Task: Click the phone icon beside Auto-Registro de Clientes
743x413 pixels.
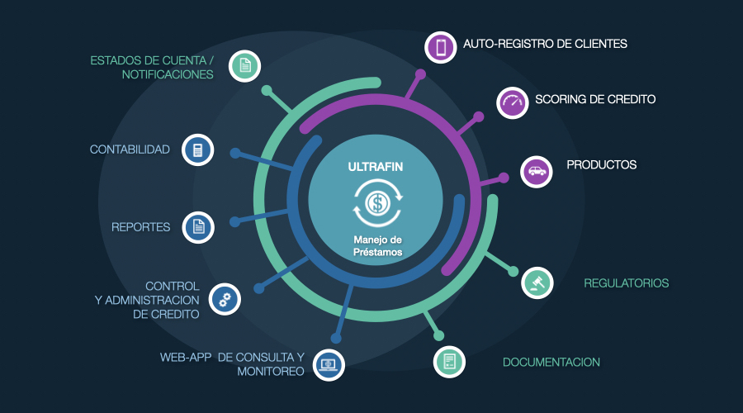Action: [441, 48]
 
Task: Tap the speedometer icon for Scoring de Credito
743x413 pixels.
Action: [512, 103]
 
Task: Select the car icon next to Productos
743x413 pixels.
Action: [537, 172]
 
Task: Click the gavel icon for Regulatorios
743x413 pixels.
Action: [537, 282]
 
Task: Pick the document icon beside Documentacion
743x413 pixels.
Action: [449, 362]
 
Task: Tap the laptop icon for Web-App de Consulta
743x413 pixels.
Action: [329, 363]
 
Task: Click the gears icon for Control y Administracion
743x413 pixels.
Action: [225, 298]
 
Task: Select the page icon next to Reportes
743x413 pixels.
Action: [197, 226]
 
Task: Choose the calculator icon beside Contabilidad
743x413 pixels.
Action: [197, 150]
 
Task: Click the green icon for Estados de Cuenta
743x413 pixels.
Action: [244, 66]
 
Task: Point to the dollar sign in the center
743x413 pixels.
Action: [376, 202]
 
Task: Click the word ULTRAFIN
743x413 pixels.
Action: [376, 167]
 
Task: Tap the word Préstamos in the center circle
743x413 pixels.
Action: [376, 253]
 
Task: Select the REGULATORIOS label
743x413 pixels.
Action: [626, 283]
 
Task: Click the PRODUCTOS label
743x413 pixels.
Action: [601, 165]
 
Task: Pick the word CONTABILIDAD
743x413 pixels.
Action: [130, 150]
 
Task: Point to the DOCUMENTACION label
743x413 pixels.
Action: [551, 362]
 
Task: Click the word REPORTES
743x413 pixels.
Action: [140, 227]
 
